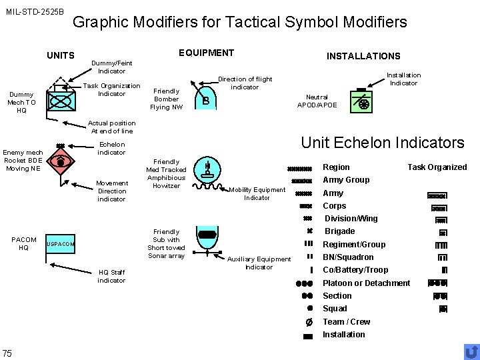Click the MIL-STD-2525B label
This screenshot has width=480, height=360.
(x=35, y=12)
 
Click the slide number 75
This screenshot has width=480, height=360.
(x=7, y=353)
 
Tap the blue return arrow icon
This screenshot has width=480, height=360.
(x=471, y=351)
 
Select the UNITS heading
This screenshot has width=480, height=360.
(x=61, y=55)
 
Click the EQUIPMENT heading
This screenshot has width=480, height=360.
(x=207, y=53)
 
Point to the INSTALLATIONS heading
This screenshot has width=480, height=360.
(x=363, y=56)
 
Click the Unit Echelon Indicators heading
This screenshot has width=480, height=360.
(x=383, y=143)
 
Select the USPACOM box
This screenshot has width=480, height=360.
(x=61, y=244)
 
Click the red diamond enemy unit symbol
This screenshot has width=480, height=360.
(x=61, y=161)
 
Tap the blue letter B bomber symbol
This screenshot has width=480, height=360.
(x=207, y=101)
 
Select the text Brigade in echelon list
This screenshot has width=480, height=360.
(x=339, y=231)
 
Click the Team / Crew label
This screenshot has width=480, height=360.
(x=346, y=321)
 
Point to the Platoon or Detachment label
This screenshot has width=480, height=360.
(x=366, y=283)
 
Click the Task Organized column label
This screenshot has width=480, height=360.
(x=437, y=167)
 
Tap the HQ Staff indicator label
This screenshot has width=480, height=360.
(x=111, y=276)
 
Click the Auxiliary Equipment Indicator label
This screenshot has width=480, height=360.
(x=259, y=263)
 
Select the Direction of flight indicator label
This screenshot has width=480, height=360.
(x=245, y=83)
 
